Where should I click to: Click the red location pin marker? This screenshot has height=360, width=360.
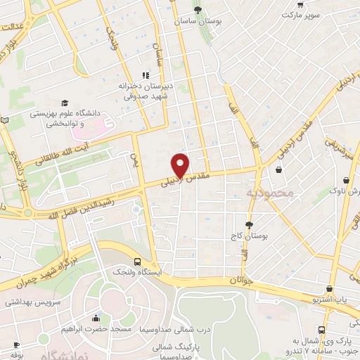click(x=181, y=165)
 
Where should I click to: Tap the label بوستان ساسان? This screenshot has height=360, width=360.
click(x=198, y=22)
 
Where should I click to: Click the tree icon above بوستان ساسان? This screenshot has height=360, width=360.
click(x=198, y=10)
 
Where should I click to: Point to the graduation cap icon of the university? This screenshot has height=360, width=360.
click(x=65, y=102)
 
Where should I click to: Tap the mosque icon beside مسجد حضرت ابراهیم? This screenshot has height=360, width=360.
click(x=96, y=319)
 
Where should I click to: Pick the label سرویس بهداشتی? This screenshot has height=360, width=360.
click(x=31, y=302)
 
